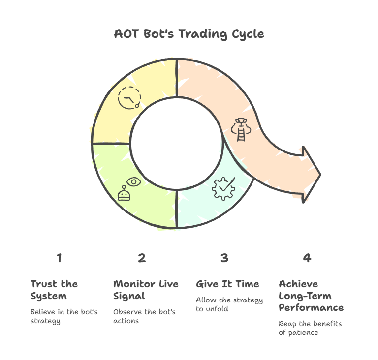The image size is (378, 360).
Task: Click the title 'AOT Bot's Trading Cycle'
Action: click(x=189, y=34)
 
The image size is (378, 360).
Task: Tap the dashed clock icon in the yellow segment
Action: click(x=129, y=98)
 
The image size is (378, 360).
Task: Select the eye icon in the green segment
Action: click(x=134, y=181)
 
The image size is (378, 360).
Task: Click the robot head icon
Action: click(x=124, y=193)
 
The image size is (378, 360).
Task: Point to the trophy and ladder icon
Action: click(x=241, y=130)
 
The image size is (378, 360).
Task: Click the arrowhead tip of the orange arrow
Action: click(x=321, y=175)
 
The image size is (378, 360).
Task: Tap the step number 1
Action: click(x=59, y=258)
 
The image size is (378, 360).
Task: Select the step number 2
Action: click(x=142, y=258)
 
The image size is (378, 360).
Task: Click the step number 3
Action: click(x=224, y=258)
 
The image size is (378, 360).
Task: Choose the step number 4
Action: click(x=307, y=258)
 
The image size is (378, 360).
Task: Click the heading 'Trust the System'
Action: click(x=54, y=290)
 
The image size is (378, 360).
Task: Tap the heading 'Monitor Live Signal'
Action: click(x=146, y=290)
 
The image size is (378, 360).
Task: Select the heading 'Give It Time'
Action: click(x=227, y=284)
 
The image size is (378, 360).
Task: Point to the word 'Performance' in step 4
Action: click(x=311, y=308)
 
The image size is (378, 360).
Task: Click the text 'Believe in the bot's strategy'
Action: click(x=64, y=316)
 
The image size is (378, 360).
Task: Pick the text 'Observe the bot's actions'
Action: click(x=144, y=316)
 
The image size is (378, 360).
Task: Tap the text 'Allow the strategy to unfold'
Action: click(x=229, y=304)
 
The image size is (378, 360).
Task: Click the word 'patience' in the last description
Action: click(x=303, y=333)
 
